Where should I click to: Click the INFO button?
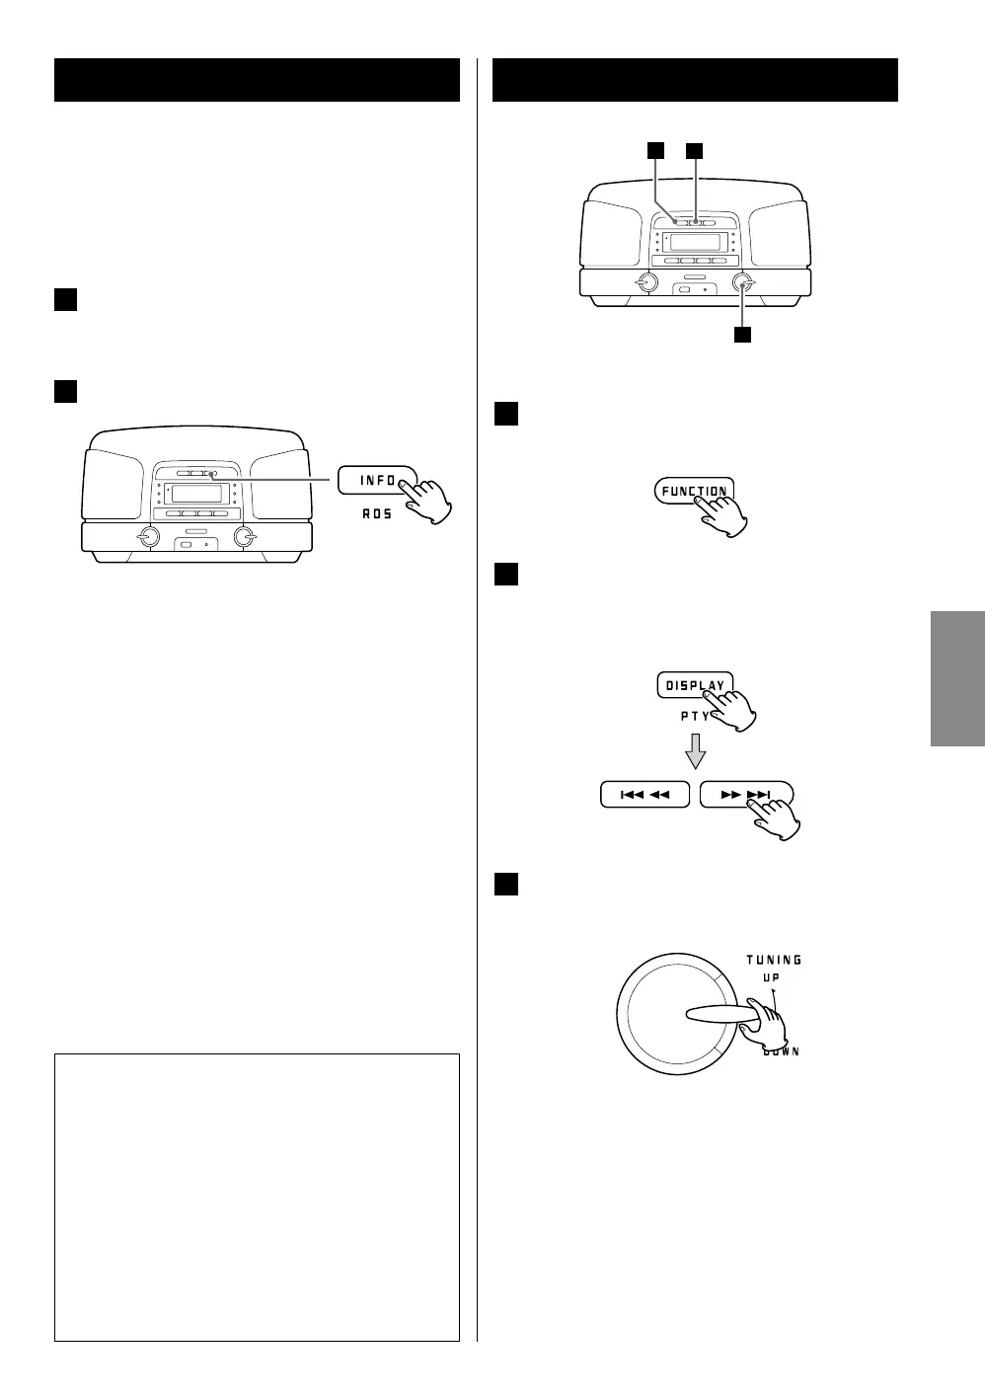375,480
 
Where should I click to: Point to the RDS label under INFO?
376,514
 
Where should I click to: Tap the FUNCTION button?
693,491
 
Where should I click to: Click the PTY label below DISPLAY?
695,716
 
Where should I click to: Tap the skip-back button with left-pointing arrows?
644,794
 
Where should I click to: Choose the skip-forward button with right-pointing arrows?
745,794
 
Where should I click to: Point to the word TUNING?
774,960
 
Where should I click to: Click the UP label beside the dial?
773,977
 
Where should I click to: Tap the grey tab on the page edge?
956,679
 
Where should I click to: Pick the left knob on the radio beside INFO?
148,537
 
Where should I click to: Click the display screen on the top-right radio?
695,242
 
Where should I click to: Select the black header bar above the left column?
257,80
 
